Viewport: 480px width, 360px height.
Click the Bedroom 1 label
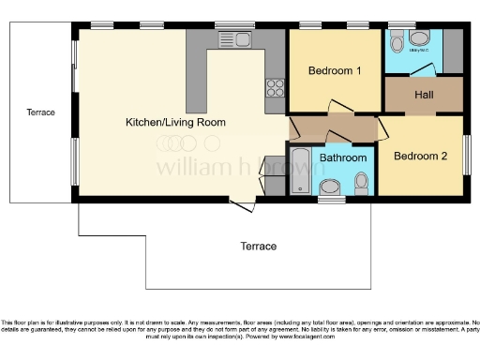335,71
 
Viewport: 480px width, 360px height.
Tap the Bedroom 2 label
419,156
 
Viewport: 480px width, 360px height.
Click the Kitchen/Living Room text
175,122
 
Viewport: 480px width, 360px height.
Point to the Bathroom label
343,157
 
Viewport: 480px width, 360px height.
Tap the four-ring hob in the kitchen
276,88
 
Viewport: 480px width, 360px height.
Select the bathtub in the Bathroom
303,171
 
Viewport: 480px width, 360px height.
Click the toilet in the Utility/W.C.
397,41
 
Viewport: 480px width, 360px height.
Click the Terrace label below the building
258,247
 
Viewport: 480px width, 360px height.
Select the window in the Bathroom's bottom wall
331,199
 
